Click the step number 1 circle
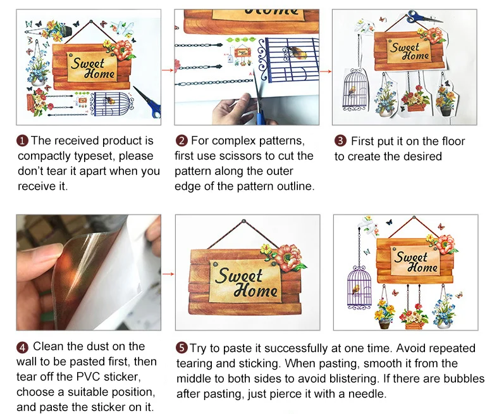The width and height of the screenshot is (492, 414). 22,141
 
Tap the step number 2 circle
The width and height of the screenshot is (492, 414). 181,141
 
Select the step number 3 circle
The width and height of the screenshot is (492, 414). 340,141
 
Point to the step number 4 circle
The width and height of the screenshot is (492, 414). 22,348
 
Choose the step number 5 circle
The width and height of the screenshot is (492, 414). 181,348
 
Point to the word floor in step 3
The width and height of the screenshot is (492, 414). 451,141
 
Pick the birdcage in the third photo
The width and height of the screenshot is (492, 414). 355,90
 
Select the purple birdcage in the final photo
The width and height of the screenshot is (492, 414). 359,287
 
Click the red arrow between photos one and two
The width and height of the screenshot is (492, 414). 168,70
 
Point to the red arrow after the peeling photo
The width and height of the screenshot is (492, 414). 168,274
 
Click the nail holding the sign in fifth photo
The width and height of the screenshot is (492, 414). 244,222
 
